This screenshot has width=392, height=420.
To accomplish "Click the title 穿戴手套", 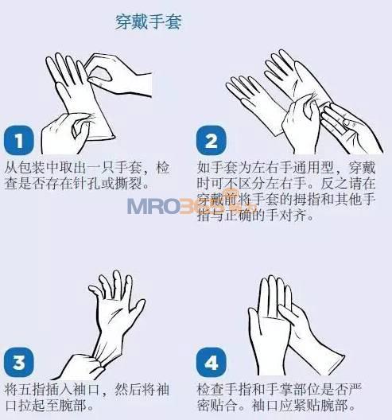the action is coord(149,21).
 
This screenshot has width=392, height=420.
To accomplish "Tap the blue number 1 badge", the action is coord(19,140).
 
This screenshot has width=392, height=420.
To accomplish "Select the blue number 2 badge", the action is coord(212,140).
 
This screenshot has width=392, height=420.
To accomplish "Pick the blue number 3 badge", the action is coord(19,363).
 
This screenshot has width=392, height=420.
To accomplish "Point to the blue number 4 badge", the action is coord(212,363).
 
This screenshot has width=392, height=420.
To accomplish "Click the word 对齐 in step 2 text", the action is coord(293,215).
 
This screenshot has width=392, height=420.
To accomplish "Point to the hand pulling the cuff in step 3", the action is coord(80,367).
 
